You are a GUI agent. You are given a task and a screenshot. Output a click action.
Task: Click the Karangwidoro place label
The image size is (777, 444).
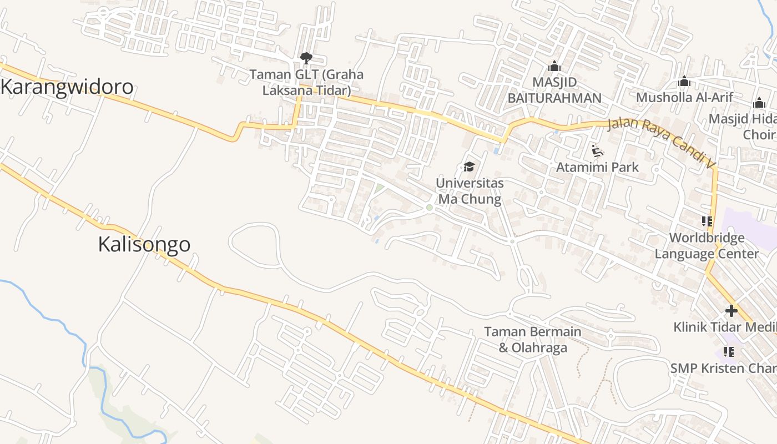(67, 87)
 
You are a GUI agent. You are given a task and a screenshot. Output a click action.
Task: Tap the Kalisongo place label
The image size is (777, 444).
(144, 244)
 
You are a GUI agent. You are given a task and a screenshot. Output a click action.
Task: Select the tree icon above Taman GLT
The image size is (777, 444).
(306, 58)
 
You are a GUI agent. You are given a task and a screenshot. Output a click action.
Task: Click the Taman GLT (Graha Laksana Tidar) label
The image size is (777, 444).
(306, 82)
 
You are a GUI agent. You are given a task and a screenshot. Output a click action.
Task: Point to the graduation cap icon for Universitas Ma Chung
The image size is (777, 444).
(470, 167)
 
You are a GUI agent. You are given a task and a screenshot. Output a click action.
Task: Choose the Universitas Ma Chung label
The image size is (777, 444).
(470, 191)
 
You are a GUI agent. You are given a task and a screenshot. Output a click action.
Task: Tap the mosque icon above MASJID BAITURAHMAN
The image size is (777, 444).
(554, 66)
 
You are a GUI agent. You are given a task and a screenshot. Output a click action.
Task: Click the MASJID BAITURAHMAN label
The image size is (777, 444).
(554, 90)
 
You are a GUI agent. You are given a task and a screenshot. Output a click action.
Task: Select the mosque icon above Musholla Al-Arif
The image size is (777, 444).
(684, 81)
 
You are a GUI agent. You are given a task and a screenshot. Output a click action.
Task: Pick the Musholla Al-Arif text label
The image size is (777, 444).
(684, 98)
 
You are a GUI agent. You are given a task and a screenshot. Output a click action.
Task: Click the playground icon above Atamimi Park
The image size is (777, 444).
(597, 150)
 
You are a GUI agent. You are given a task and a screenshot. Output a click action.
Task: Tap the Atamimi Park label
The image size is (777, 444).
(597, 167)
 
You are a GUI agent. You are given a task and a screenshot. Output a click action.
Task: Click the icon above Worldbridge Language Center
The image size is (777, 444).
(707, 221)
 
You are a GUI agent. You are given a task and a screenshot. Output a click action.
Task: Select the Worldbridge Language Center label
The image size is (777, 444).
(707, 246)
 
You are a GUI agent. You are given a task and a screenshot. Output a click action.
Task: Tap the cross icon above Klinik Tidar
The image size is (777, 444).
(731, 311)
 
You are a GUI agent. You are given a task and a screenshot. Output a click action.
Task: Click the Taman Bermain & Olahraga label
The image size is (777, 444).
(533, 340)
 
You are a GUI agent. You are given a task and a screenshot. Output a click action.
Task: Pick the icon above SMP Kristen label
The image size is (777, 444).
(729, 351)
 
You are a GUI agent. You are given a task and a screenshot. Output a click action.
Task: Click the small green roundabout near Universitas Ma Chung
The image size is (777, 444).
(429, 208)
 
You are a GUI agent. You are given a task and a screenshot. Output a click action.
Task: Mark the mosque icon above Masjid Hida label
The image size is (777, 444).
(759, 103)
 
